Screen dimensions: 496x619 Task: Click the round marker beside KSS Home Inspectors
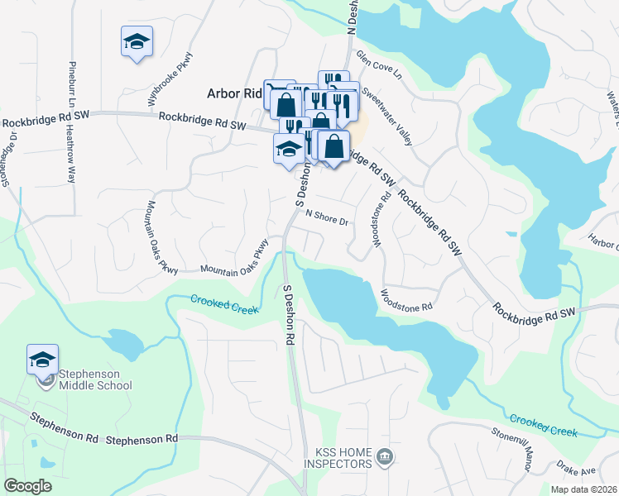384,455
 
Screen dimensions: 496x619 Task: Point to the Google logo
28,485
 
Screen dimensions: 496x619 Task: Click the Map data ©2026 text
583,489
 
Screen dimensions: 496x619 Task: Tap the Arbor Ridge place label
234,94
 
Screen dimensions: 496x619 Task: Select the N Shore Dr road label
329,217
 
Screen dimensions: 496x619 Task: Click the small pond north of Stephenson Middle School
123,340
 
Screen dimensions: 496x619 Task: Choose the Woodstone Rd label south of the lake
406,299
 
